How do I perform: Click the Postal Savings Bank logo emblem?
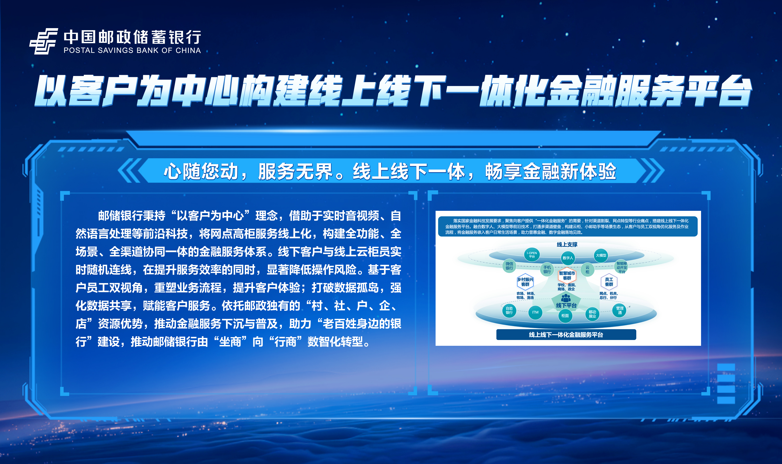[x=44, y=41]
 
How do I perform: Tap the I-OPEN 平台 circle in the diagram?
[x=532, y=255]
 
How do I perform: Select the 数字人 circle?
[x=568, y=258]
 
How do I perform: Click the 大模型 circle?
[x=601, y=256]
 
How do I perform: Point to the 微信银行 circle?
[x=509, y=266]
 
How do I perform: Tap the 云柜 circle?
[x=587, y=270]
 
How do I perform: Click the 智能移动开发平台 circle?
[x=622, y=267]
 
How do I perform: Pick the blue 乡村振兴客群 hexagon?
[x=525, y=282]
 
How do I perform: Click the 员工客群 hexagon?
[x=609, y=282]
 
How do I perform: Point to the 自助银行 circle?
[x=509, y=310]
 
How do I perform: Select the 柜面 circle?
[x=565, y=316]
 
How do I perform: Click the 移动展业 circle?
[x=592, y=314]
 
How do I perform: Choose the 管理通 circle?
[x=620, y=310]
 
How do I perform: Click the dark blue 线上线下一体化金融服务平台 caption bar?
[x=566, y=334]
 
